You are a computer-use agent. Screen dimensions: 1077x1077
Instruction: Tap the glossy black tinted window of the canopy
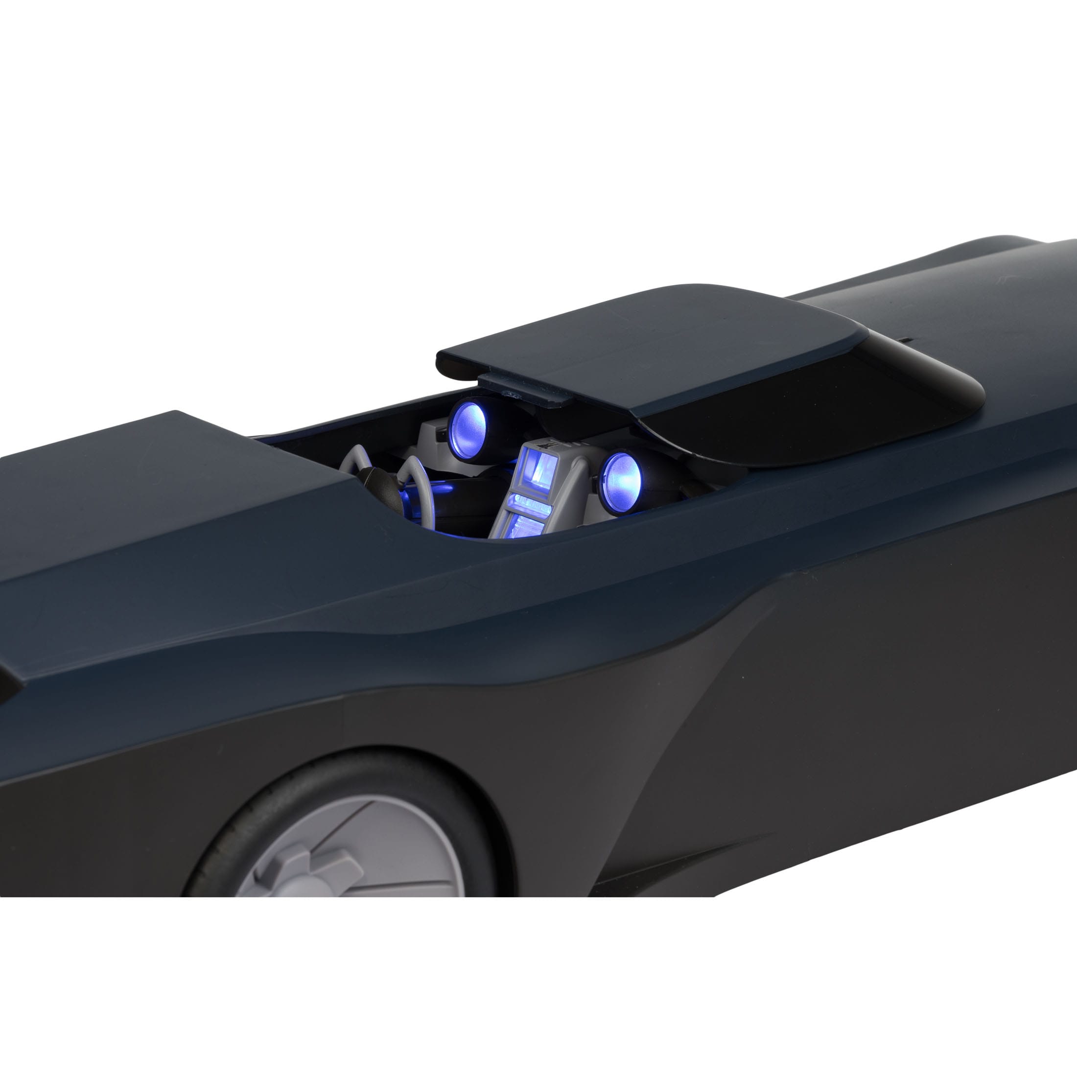(808, 401)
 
